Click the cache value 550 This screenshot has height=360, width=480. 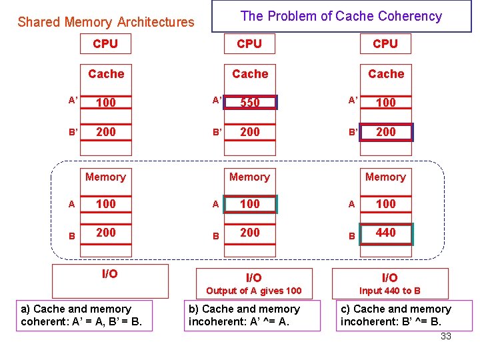pos(250,103)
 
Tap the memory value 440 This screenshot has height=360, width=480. pos(386,233)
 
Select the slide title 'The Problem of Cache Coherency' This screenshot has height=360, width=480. pos(341,16)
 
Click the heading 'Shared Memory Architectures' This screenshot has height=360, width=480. pos(106,22)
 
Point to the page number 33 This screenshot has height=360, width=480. pos(446,336)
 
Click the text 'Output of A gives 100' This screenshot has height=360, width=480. pos(253,291)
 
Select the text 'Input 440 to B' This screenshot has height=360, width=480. pos(390,291)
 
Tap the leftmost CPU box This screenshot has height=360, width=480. pos(105,44)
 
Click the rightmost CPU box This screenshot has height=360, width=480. pos(385,44)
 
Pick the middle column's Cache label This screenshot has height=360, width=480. pos(250,74)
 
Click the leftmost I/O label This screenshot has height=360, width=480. pos(110,274)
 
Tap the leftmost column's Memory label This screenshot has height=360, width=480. pos(105,177)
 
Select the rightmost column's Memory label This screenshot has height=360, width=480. pos(385,177)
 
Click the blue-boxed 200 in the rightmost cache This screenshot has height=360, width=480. pos(386,132)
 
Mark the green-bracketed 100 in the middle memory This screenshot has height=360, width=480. pos(250,204)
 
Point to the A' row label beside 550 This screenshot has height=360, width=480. pos(217,100)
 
